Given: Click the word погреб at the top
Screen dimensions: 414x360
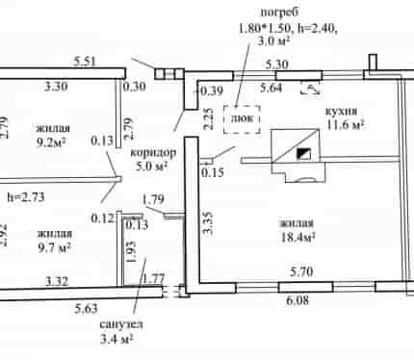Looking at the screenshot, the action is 279,13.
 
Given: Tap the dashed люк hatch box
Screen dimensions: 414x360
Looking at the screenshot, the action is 242,119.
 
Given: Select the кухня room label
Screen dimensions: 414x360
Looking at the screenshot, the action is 341,112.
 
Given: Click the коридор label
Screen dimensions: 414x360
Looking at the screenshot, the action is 153,152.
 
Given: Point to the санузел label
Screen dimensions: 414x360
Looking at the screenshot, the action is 121,324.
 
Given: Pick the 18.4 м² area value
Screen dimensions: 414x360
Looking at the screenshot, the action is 298,238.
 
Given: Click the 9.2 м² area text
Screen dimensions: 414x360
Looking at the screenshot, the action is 52,141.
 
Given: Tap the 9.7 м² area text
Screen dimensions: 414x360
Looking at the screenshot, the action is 54,247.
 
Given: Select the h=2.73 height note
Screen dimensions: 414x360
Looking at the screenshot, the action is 26,197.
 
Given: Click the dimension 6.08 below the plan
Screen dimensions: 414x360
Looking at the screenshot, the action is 298,300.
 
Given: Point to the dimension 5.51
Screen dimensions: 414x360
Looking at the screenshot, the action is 85,62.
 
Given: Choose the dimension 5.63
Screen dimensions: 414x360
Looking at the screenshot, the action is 86,309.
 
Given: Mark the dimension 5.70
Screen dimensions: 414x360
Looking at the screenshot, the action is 301,272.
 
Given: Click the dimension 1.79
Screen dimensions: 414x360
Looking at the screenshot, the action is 153,199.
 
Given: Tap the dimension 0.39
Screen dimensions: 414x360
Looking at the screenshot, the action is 212,90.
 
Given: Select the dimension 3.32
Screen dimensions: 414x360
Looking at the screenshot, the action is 57,281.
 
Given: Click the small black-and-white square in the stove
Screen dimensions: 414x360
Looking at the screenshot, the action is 303,154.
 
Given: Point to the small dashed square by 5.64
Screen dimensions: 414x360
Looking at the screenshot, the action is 310,89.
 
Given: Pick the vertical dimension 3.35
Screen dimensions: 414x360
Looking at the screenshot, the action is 208,222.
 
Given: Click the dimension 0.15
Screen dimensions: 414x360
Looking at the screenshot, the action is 213,172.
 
